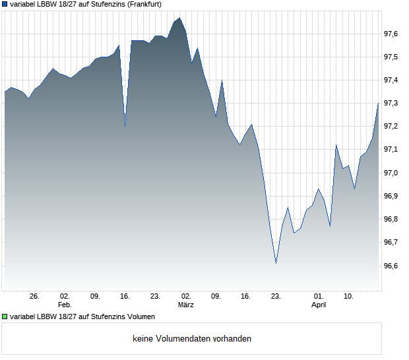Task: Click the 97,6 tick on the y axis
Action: [391, 34]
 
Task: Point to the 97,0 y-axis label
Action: [391, 173]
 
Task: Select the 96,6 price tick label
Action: [391, 266]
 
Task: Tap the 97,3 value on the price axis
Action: [391, 104]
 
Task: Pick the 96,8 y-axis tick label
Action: [391, 220]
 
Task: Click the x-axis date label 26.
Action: [35, 296]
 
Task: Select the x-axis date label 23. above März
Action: [156, 296]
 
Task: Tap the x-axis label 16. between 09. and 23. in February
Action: [125, 296]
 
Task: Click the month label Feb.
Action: [65, 305]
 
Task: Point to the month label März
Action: [185, 305]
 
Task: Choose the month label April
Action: [319, 305]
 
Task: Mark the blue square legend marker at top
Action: [5, 5]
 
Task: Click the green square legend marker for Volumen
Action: [5, 316]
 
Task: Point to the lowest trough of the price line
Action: [276, 263]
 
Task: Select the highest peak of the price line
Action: [180, 18]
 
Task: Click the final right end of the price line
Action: [379, 102]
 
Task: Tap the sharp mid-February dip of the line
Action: [125, 125]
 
